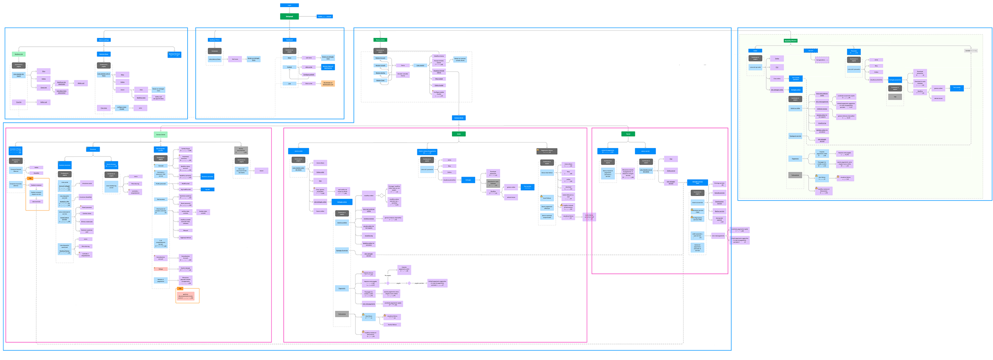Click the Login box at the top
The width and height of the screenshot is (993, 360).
pyautogui.click(x=289, y=5)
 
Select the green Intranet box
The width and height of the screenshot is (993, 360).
pyautogui.click(x=289, y=16)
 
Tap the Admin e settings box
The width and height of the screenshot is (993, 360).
pyautogui.click(x=104, y=40)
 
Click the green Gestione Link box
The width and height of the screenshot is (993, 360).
pyautogui.click(x=19, y=54)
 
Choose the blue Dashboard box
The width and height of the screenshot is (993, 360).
pyautogui.click(x=289, y=40)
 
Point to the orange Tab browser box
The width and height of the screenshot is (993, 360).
pyautogui.click(x=328, y=83)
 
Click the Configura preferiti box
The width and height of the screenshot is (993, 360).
pyautogui.click(x=308, y=74)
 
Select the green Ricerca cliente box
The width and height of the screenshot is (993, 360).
pyautogui.click(x=380, y=40)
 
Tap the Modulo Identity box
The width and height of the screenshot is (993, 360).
pyautogui.click(x=380, y=73)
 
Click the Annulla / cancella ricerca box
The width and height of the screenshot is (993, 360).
pyautogui.click(x=403, y=75)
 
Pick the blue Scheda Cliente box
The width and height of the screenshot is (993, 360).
pyautogui.click(x=459, y=118)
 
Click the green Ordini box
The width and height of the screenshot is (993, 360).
pyautogui.click(x=459, y=134)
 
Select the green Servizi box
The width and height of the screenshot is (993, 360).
pyautogui.click(x=628, y=134)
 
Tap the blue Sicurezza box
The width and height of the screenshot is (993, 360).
pyautogui.click(x=93, y=149)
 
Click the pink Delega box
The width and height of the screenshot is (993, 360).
pyautogui.click(x=161, y=269)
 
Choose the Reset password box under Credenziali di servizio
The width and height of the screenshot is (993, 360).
pyautogui.click(x=87, y=207)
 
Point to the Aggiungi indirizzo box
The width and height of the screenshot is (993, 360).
pyautogui.click(x=185, y=238)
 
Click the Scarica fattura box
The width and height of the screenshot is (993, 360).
pyautogui.click(x=392, y=325)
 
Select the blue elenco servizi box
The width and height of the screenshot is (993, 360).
pyautogui.click(x=645, y=151)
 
